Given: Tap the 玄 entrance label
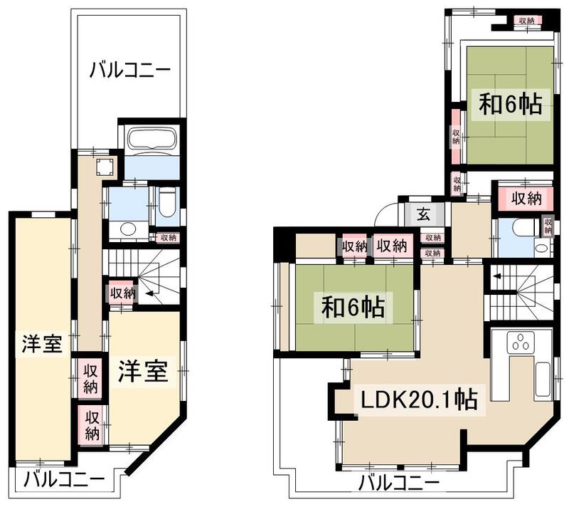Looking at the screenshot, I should [x=422, y=213].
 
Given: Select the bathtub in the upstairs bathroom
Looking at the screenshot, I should [x=151, y=140].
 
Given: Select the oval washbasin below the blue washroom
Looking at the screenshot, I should [x=128, y=229].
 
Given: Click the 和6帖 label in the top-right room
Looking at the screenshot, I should [x=510, y=105].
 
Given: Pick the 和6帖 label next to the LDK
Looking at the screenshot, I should [x=353, y=308].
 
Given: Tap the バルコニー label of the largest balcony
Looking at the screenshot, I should [x=130, y=70].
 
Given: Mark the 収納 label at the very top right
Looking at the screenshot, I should [x=526, y=21].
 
